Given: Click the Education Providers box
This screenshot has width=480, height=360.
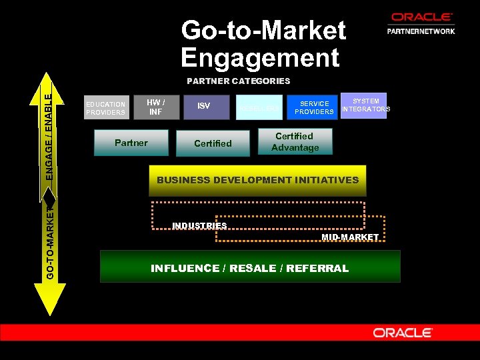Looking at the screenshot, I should pyautogui.click(x=106, y=108).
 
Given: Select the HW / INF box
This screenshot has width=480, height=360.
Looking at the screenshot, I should pyautogui.click(x=155, y=106).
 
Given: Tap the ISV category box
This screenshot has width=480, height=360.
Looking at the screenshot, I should pyautogui.click(x=204, y=106).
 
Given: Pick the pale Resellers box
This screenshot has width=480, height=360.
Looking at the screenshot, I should pyautogui.click(x=259, y=107).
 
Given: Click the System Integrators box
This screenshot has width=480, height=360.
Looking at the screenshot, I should pyautogui.click(x=365, y=105).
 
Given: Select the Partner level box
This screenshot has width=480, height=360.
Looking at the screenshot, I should pyautogui.click(x=131, y=143).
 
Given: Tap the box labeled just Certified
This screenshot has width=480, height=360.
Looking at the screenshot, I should pyautogui.click(x=213, y=143).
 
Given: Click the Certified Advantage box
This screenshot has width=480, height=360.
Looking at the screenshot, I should pyautogui.click(x=295, y=141).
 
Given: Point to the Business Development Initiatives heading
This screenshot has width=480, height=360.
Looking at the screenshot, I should pyautogui.click(x=257, y=180).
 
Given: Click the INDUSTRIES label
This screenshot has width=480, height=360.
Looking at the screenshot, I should pyautogui.click(x=199, y=225).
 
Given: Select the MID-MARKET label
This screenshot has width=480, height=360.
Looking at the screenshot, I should pyautogui.click(x=350, y=237).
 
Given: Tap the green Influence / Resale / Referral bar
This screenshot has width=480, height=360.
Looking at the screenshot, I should pyautogui.click(x=250, y=267).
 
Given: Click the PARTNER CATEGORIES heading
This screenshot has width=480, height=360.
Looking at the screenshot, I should pyautogui.click(x=238, y=81).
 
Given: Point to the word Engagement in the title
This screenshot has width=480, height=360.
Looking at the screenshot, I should pyautogui.click(x=260, y=57).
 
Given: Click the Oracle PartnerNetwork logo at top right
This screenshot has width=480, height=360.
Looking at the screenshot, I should pyautogui.click(x=421, y=23).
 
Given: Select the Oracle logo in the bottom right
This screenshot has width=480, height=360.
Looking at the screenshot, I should pyautogui.click(x=403, y=333).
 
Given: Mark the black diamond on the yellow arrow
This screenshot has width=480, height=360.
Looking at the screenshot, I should pyautogui.click(x=50, y=195).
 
